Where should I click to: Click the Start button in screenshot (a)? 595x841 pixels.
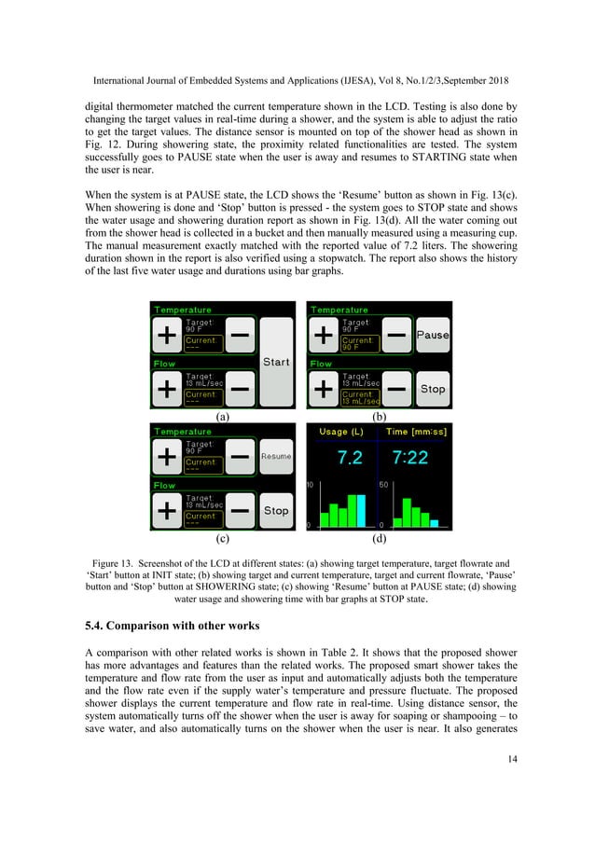coord(276,362)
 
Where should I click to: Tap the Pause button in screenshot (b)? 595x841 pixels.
coord(433,334)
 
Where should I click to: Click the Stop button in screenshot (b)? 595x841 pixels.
coord(433,389)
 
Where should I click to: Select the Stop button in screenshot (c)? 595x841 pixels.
coord(276,510)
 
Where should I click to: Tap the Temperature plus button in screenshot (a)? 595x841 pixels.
coord(166,334)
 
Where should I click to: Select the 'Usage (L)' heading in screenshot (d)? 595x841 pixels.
coord(342,433)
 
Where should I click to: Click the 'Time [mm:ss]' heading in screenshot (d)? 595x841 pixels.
coord(410,433)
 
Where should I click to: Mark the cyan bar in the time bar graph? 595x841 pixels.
coord(436,522)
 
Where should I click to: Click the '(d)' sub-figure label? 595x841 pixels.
coord(379,539)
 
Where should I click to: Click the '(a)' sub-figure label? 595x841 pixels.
coord(222,418)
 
